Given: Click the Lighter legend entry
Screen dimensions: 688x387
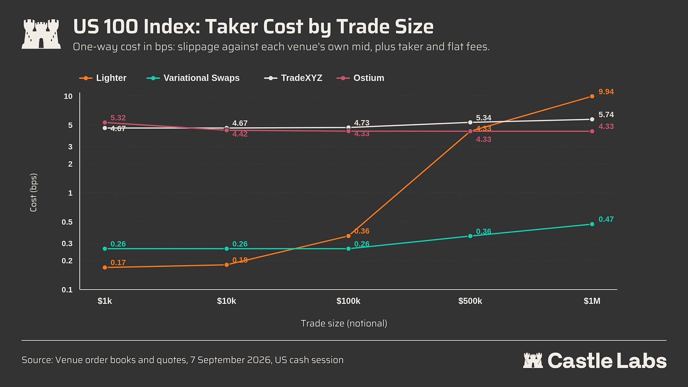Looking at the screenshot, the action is click(103, 78).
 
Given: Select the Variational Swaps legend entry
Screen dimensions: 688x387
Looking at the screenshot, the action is click(193, 78).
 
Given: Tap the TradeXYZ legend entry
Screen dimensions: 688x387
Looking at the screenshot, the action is click(293, 78).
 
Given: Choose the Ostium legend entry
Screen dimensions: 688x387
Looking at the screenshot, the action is click(360, 78).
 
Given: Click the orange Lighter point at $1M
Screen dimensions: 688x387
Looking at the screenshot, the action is click(592, 96).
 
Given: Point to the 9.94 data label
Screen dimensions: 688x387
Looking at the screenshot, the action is click(606, 92).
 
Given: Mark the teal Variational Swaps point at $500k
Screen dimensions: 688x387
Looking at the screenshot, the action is click(470, 236).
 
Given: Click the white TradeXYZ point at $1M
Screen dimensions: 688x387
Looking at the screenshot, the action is click(592, 120).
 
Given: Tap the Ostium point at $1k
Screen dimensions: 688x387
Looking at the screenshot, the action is click(105, 122).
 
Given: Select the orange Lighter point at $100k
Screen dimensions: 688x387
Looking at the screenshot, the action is click(348, 236).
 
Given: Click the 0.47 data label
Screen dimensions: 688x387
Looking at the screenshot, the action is click(606, 219).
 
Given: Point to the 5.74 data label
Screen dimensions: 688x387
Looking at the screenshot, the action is click(606, 115).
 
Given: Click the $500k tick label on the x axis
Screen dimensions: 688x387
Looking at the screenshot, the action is click(470, 301).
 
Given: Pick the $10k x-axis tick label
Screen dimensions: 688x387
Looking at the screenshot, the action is click(226, 301).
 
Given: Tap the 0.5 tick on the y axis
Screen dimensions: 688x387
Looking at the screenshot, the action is click(67, 222).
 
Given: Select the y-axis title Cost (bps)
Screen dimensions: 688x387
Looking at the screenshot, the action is click(34, 193).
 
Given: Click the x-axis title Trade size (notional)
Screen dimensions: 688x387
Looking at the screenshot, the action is click(344, 323).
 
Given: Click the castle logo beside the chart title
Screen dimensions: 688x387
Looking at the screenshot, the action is click(41, 34).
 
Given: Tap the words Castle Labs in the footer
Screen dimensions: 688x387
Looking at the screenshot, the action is click(607, 361).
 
